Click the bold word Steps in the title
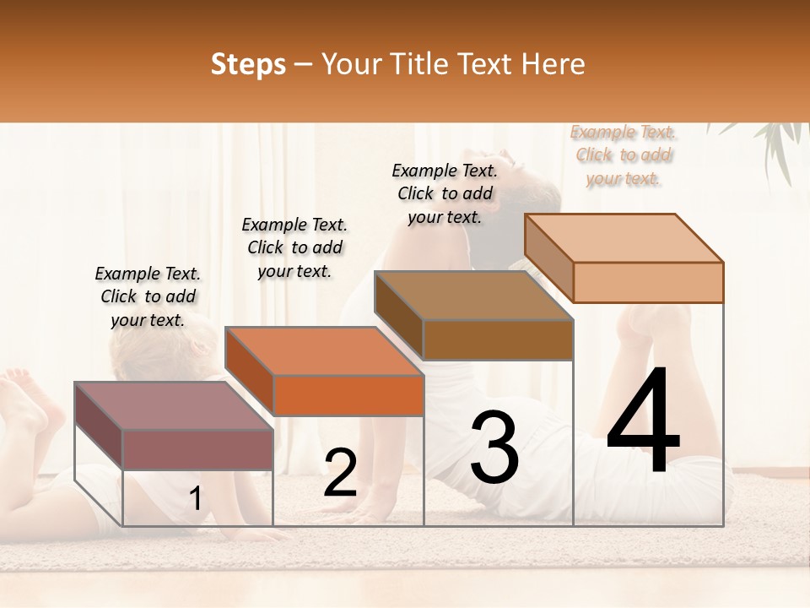248,64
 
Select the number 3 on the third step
494,448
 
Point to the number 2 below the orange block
340,473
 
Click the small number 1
195,499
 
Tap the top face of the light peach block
623,238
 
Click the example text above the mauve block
148,296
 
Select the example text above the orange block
294,247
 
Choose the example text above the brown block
445,193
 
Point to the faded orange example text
623,155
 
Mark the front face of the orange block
348,395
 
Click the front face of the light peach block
648,282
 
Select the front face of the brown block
498,339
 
